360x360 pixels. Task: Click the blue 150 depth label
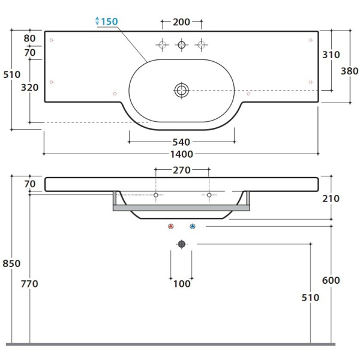pyautogui.click(x=110, y=22)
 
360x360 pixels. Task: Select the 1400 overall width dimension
pyautogui.click(x=181, y=154)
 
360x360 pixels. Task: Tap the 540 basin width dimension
pyautogui.click(x=181, y=142)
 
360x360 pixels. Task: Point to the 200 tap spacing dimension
pyautogui.click(x=181, y=22)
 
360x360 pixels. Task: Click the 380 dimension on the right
pyautogui.click(x=349, y=71)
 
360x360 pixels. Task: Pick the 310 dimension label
pyautogui.click(x=331, y=55)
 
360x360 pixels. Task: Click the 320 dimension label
pyautogui.click(x=29, y=88)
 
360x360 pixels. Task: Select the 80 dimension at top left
pyautogui.click(x=29, y=38)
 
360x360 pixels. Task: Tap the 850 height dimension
pyautogui.click(x=11, y=263)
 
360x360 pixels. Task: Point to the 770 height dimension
pyautogui.click(x=29, y=284)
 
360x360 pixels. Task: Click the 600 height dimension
pyautogui.click(x=331, y=280)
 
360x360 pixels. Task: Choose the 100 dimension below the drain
pyautogui.click(x=182, y=284)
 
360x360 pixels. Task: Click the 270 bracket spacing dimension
pyautogui.click(x=182, y=170)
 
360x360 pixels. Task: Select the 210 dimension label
pyautogui.click(x=331, y=199)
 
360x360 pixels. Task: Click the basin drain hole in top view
pyautogui.click(x=182, y=91)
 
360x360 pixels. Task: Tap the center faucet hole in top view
pyautogui.click(x=182, y=45)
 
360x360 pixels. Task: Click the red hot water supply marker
pyautogui.click(x=170, y=226)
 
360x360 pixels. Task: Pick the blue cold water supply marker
pyautogui.click(x=193, y=226)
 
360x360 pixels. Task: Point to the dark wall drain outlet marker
pyautogui.click(x=182, y=244)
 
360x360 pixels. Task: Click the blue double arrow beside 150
pyautogui.click(x=97, y=21)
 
